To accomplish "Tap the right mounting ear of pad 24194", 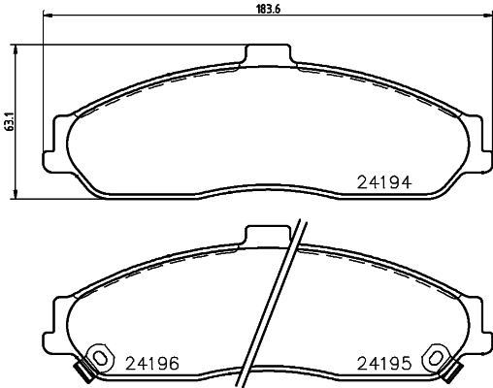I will [476, 143].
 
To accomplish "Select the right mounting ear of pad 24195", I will [476, 321].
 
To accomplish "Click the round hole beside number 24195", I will [439, 357].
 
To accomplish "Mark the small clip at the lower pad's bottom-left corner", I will [84, 370].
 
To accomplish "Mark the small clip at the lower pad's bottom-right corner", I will [450, 370].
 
